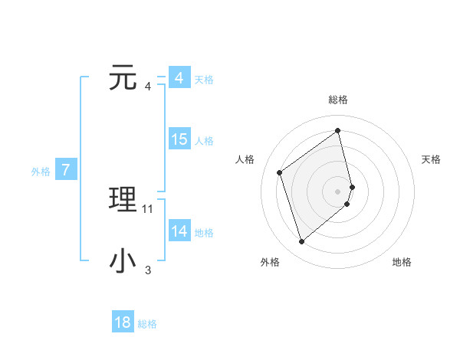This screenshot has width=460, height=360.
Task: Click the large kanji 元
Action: point(123,78)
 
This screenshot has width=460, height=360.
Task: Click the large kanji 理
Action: point(123,200)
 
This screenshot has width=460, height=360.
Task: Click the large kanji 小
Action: point(123,261)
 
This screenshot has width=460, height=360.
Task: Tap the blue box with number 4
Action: point(179,78)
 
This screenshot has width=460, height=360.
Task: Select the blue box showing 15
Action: point(179,139)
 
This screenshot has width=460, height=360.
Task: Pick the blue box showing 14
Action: point(179,231)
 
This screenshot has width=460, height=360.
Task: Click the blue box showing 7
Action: point(66,170)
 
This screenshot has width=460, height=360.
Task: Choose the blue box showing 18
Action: point(123,322)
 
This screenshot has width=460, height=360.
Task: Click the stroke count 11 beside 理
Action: point(148,208)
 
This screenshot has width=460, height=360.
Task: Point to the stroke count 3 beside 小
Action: point(148,270)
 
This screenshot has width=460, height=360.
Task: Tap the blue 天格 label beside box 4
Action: point(204,80)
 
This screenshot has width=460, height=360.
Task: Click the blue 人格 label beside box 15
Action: point(204,141)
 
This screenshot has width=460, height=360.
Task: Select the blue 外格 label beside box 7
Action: point(41,172)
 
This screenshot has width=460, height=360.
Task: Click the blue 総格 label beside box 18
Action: point(147,324)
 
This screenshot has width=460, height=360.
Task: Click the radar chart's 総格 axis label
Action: point(338,100)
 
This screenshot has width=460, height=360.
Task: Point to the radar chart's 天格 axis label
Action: point(432,159)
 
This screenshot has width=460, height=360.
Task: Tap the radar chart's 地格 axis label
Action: point(402,262)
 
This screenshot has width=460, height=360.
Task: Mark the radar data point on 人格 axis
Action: point(279,172)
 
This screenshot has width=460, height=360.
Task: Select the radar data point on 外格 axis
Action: point(301,242)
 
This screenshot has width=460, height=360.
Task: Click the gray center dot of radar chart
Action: point(338,190)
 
